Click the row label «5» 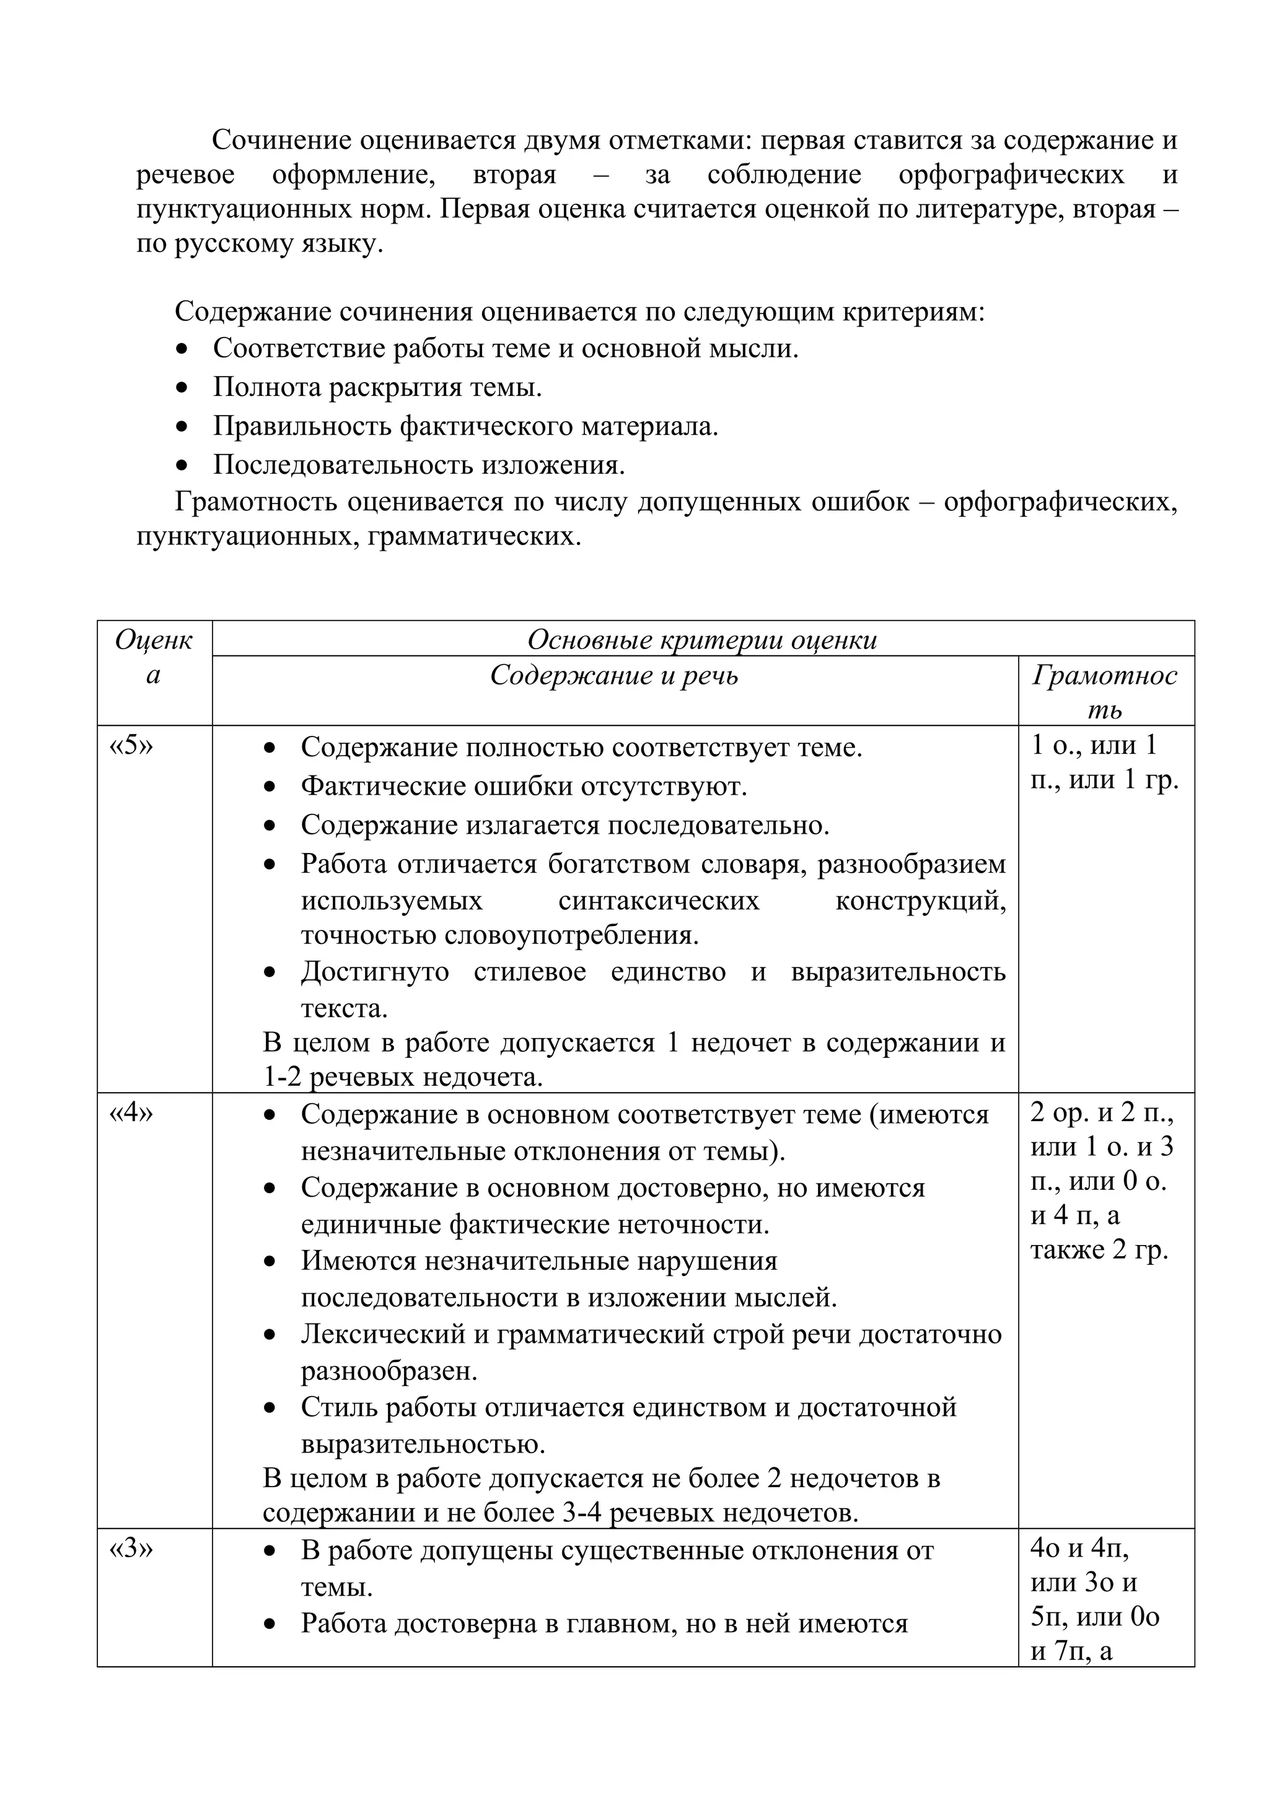131,745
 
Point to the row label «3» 131,1548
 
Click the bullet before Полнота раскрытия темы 182,388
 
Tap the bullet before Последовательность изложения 182,465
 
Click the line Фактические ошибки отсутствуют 524,786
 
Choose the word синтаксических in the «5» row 658,901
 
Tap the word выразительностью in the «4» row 423,1443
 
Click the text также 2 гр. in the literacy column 1099,1249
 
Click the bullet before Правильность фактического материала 182,427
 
